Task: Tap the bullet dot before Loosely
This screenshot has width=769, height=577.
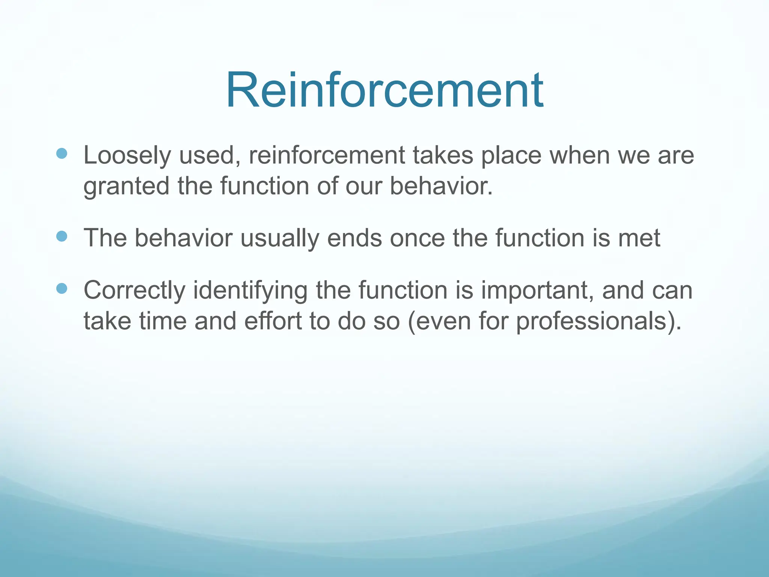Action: point(62,153)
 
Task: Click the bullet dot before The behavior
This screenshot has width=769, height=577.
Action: point(62,236)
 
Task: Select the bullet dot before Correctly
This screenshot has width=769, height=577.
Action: point(62,288)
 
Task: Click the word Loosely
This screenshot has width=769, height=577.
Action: point(127,156)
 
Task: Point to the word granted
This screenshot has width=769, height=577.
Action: point(126,186)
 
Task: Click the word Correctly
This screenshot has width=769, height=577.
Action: point(134,291)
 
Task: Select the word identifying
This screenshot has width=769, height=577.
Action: point(250,291)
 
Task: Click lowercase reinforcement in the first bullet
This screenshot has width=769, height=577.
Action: point(327,156)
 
